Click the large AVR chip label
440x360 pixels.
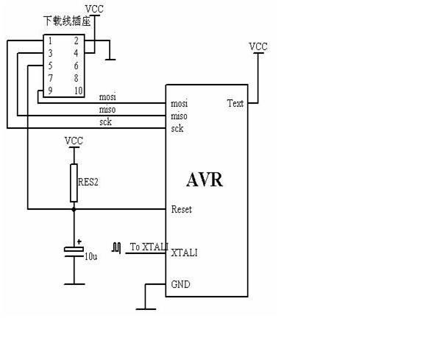point(205,180)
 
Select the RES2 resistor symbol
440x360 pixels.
point(74,183)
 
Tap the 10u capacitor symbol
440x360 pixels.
point(74,252)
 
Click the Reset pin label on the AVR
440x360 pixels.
point(182,209)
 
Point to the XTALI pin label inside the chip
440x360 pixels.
point(184,253)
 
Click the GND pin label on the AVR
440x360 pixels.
point(181,284)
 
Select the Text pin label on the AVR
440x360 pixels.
point(235,103)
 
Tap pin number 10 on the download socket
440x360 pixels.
point(78,91)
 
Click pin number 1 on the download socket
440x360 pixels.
point(50,41)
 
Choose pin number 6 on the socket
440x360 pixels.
point(76,66)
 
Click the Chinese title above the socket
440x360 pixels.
point(67,21)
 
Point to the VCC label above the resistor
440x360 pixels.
point(74,141)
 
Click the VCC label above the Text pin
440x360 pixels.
point(258,46)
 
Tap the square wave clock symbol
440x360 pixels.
point(116,247)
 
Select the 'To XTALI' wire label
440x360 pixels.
point(149,247)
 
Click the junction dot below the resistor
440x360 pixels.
point(74,209)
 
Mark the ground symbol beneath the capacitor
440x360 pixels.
point(74,284)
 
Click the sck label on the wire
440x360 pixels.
point(105,122)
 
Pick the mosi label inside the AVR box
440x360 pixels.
point(180,104)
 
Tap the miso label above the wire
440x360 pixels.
point(107,109)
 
